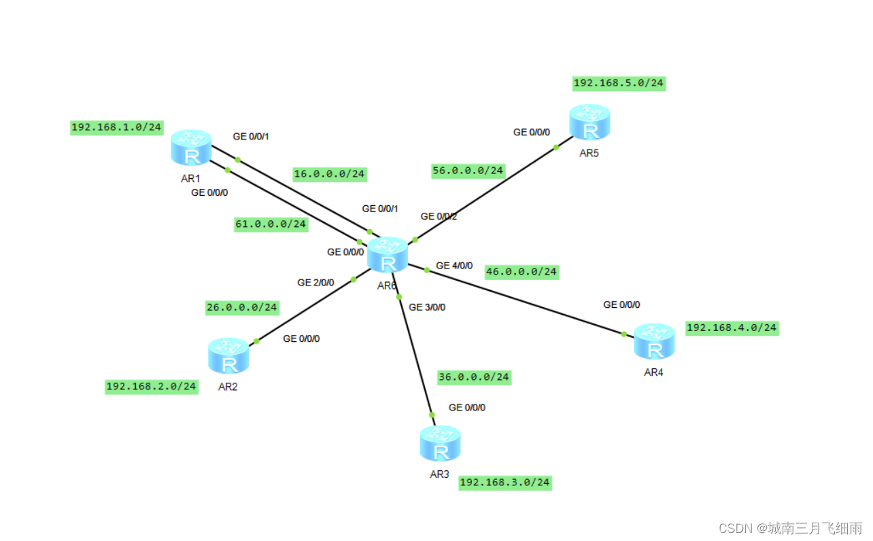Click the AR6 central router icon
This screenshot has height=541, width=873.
(388, 256)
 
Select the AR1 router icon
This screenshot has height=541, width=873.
(191, 147)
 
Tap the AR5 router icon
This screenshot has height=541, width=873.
(589, 123)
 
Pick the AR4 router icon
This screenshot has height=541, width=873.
(654, 342)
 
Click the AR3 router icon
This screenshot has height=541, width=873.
(440, 443)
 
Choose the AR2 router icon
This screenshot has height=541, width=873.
(228, 356)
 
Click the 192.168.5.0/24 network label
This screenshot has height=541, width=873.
(619, 84)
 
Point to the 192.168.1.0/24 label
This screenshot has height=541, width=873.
(117, 127)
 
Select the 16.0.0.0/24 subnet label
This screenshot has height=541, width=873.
(330, 174)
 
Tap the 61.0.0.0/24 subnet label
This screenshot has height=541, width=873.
(271, 224)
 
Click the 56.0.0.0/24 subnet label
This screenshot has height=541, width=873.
(468, 171)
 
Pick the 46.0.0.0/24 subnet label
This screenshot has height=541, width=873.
(521, 272)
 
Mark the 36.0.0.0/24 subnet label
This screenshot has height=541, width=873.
(474, 377)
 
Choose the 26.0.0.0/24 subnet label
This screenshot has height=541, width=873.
(242, 307)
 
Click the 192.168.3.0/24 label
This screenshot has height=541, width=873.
(504, 483)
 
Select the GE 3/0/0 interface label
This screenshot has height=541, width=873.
(427, 307)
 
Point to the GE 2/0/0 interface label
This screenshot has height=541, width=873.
(315, 282)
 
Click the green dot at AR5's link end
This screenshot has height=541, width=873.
(555, 147)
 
